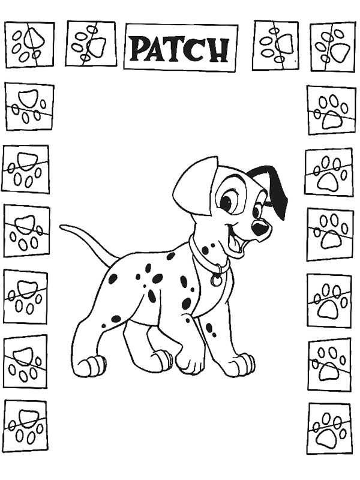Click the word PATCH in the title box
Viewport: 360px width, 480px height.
180,47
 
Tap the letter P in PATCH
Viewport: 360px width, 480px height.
140,49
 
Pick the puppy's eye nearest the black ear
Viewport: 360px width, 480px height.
256,211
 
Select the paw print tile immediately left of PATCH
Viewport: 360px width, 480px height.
91,43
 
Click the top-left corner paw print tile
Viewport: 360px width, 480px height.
29,44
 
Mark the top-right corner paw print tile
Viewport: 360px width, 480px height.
332,46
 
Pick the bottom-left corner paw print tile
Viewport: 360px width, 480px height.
25,422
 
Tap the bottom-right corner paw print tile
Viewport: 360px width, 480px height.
329,428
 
